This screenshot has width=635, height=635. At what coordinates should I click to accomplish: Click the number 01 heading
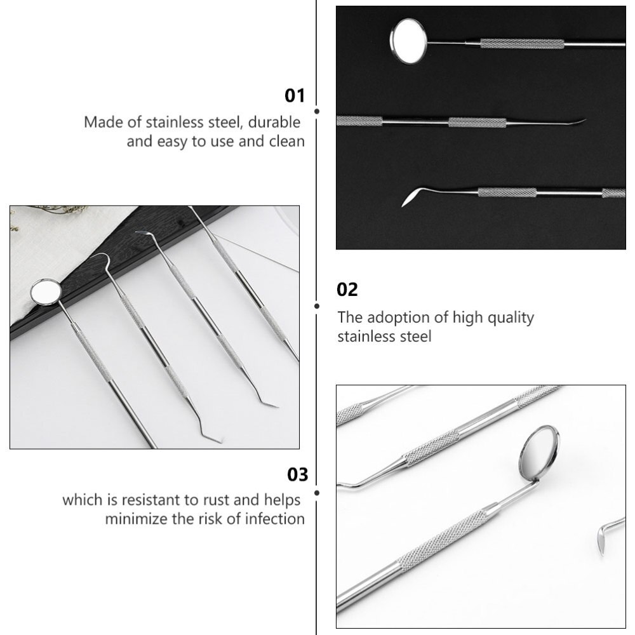point(295,96)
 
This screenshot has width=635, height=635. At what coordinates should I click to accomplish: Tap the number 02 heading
point(347,290)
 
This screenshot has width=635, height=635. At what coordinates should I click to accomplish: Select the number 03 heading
point(298,474)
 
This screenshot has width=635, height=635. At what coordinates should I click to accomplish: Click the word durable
point(274,122)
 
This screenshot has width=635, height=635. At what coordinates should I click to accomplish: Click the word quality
point(511,318)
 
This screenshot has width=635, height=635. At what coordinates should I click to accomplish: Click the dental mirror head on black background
point(408,41)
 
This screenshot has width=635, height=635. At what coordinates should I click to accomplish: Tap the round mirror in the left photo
point(46,290)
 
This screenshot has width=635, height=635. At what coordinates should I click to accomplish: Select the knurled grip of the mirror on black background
point(521,44)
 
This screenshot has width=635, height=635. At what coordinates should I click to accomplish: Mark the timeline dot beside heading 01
point(317,111)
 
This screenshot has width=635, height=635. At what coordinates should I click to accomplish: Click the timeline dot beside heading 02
point(317,306)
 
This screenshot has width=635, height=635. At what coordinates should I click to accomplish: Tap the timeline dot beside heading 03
point(317,493)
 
